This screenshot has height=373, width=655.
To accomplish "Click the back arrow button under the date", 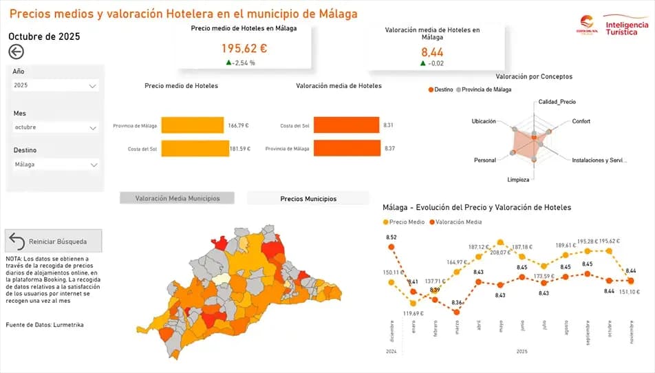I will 16,52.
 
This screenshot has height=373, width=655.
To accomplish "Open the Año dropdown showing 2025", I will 56,86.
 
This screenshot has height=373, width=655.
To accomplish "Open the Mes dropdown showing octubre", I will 56,127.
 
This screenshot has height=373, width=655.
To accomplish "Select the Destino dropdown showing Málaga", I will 56,165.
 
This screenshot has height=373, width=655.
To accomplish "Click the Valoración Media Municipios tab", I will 178,198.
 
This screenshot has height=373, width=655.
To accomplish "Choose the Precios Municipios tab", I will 308,198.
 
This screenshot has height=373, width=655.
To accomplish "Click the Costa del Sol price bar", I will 195,149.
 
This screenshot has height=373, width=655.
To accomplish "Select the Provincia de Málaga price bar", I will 192,125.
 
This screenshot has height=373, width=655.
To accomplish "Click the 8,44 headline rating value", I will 433,52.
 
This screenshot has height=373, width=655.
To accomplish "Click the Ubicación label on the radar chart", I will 483,122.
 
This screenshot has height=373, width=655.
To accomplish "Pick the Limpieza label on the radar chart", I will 518,180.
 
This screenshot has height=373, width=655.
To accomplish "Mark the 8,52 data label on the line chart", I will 391,237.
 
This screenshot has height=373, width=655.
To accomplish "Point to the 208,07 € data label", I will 500,253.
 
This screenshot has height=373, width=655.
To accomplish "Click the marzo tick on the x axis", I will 457,328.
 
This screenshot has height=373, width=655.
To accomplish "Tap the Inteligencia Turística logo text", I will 627,28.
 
